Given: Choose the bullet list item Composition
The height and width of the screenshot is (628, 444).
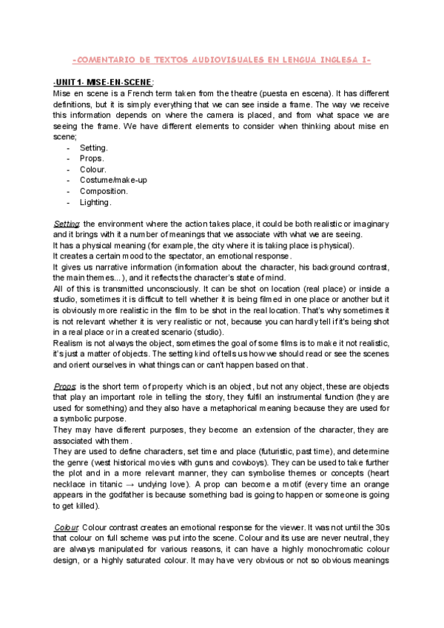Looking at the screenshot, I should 104,191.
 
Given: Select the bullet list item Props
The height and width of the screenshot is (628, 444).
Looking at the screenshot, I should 92,158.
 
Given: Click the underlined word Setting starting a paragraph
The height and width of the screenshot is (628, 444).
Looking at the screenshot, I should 67,224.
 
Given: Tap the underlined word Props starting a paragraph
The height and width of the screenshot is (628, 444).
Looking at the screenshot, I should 65,387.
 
